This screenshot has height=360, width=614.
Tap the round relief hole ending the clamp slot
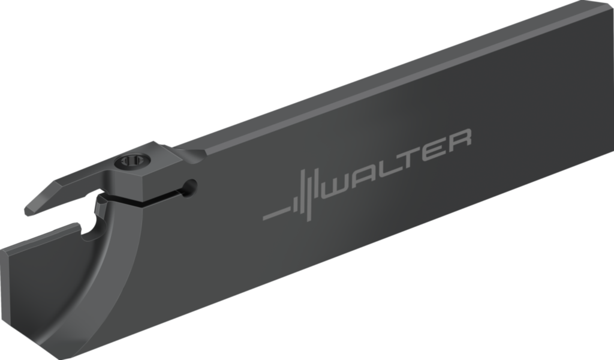point(191,187)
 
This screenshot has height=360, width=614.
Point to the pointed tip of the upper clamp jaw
point(28,211)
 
